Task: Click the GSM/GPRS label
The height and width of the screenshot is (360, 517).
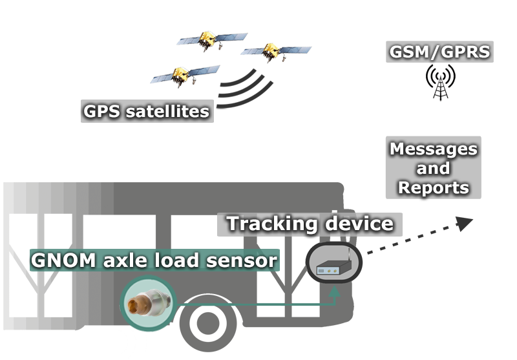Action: [x=439, y=52]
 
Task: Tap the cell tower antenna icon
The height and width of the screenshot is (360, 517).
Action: [x=440, y=83]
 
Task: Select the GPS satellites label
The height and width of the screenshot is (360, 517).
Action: [x=147, y=111]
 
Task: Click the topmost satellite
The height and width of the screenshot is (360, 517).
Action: [x=211, y=40]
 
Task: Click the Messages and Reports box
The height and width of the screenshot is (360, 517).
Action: [x=433, y=168]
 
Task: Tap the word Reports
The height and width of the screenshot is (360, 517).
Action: [x=433, y=187]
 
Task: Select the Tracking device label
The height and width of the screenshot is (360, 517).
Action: [x=310, y=224]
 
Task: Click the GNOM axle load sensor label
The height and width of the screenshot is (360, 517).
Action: [x=154, y=260]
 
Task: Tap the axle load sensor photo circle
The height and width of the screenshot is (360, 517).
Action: [x=149, y=301]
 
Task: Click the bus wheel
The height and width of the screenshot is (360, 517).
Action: [x=206, y=326]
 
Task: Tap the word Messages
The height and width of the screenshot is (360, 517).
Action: [x=433, y=149]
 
